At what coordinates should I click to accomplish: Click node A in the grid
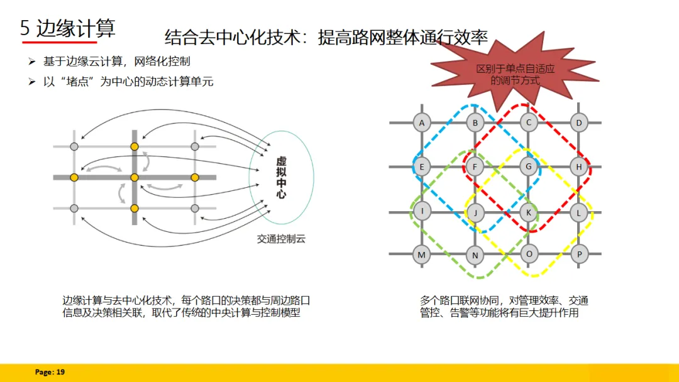point(422,123)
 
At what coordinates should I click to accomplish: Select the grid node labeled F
point(475,167)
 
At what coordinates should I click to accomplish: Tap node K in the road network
point(529,212)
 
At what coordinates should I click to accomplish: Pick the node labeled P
point(580,254)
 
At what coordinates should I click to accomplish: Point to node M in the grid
point(422,254)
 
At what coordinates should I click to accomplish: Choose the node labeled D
point(579,123)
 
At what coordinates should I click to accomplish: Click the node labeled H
point(579,167)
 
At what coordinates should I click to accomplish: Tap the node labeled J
point(475,212)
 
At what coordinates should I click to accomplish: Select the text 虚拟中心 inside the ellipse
point(281,178)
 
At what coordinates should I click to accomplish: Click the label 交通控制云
point(281,239)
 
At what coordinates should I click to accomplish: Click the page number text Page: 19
point(50,373)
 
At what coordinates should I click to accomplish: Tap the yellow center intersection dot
point(134,178)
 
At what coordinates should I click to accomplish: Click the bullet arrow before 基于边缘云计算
point(32,62)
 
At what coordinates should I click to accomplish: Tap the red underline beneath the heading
point(60,42)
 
